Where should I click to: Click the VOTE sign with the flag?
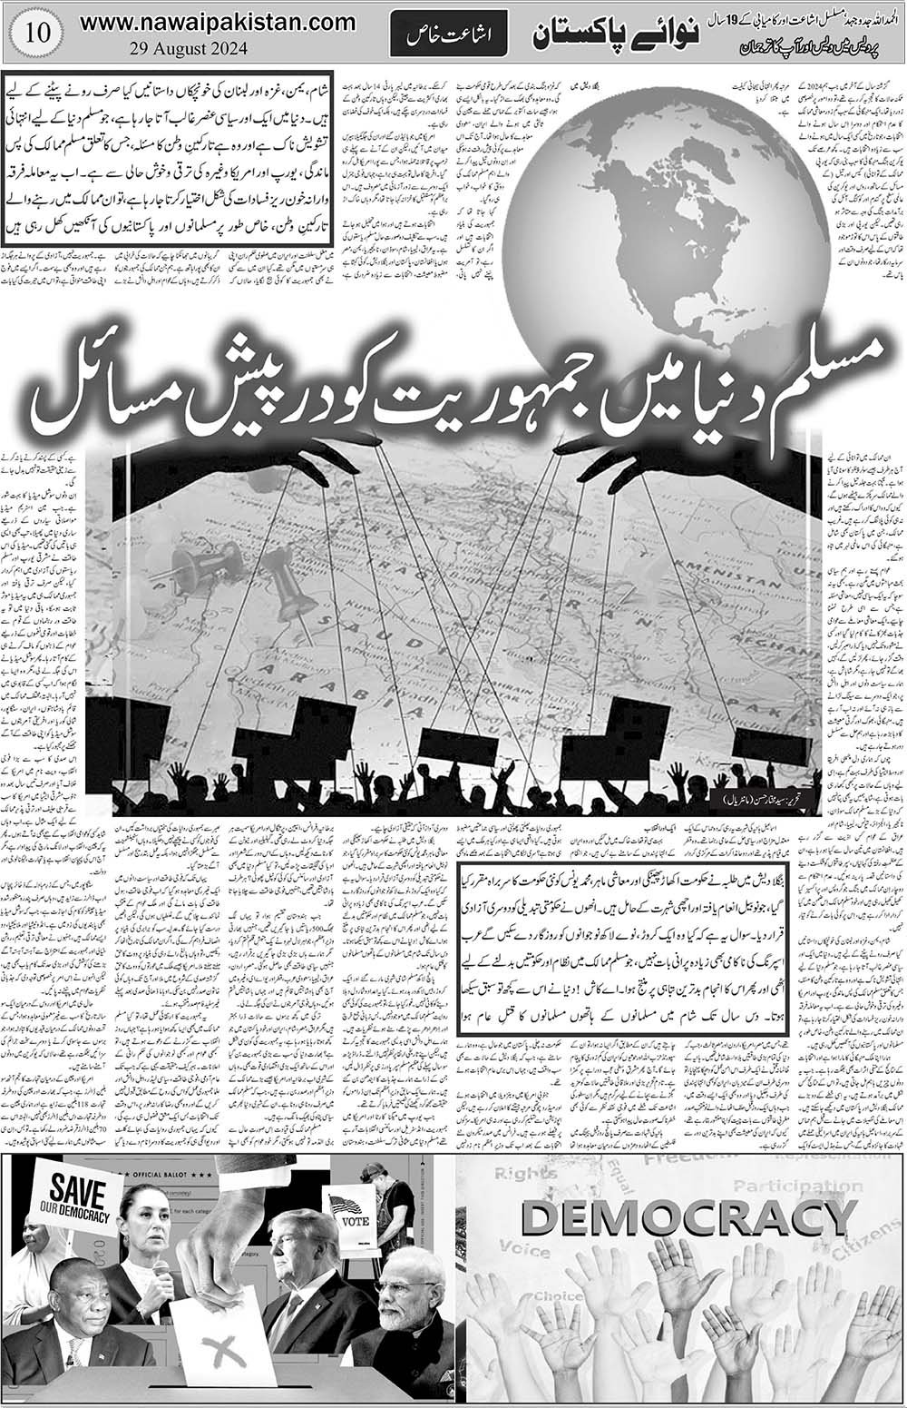350,1213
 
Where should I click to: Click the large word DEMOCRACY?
678,1219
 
